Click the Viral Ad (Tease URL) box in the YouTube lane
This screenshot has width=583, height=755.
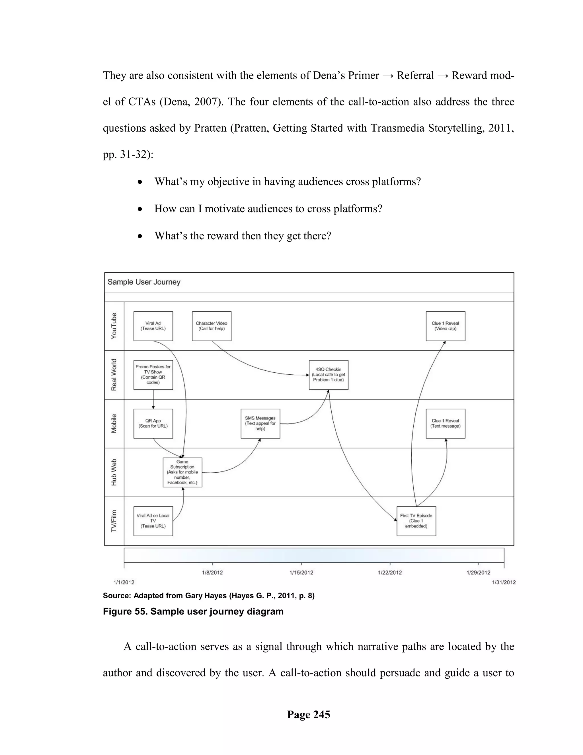pyautogui.click(x=153, y=326)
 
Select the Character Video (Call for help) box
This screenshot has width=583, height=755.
pyautogui.click(x=212, y=326)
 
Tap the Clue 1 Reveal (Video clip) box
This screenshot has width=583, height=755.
pyautogui.click(x=445, y=326)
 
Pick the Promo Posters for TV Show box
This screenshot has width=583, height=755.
pyautogui.click(x=153, y=375)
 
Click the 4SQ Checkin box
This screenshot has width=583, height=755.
pyautogui.click(x=329, y=375)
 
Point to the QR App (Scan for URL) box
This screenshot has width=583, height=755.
pyautogui.click(x=153, y=423)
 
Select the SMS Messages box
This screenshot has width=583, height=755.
pyautogui.click(x=260, y=423)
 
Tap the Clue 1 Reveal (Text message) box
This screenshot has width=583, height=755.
pyautogui.click(x=445, y=423)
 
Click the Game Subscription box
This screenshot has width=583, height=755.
pyautogui.click(x=182, y=472)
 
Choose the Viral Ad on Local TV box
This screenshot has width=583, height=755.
pyautogui.click(x=153, y=521)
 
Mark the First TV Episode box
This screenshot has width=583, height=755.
pyautogui.click(x=416, y=521)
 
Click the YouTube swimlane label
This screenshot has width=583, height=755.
pyautogui.click(x=114, y=326)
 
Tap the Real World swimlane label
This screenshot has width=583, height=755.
pyautogui.click(x=114, y=375)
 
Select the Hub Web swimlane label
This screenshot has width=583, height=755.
pyautogui.click(x=114, y=472)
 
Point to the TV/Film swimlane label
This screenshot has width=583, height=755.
pyautogui.click(x=114, y=521)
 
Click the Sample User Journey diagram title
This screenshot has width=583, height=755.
pyautogui.click(x=144, y=282)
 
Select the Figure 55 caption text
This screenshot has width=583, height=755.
pyautogui.click(x=193, y=611)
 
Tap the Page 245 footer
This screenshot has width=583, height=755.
pyautogui.click(x=308, y=715)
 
